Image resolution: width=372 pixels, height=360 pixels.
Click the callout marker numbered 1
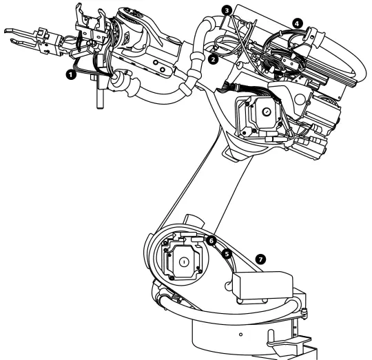coord(70,72)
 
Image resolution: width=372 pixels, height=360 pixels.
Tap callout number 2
coord(214,60)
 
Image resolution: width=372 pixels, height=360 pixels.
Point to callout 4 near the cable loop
coord(297,22)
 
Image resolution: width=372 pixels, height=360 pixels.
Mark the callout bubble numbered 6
coord(211,240)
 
